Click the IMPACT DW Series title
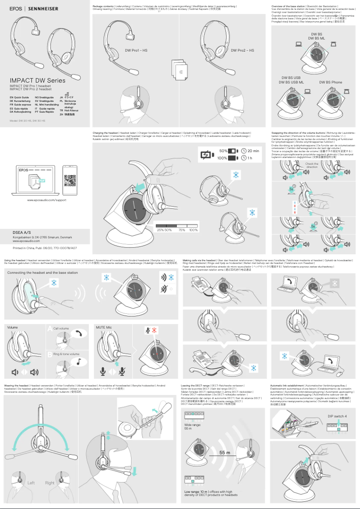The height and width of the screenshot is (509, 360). tap(38, 81)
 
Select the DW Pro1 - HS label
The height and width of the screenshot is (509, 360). tap(136, 50)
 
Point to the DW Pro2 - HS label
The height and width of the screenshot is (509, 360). tap(242, 50)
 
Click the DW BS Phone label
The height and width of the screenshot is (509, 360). tap(331, 82)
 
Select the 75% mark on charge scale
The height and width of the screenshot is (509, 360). tap(182, 230)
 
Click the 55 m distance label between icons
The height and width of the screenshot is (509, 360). tap(225, 453)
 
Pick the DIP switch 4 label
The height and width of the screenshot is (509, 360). tap(337, 416)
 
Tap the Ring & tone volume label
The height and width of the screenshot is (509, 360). tap(66, 354)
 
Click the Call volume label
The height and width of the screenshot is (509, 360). tap(61, 329)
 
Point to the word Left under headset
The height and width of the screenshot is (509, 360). tap(31, 483)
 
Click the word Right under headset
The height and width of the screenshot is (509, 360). tap(49, 483)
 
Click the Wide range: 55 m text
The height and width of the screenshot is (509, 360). tap(192, 426)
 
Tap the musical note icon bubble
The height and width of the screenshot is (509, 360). tap(79, 363)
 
